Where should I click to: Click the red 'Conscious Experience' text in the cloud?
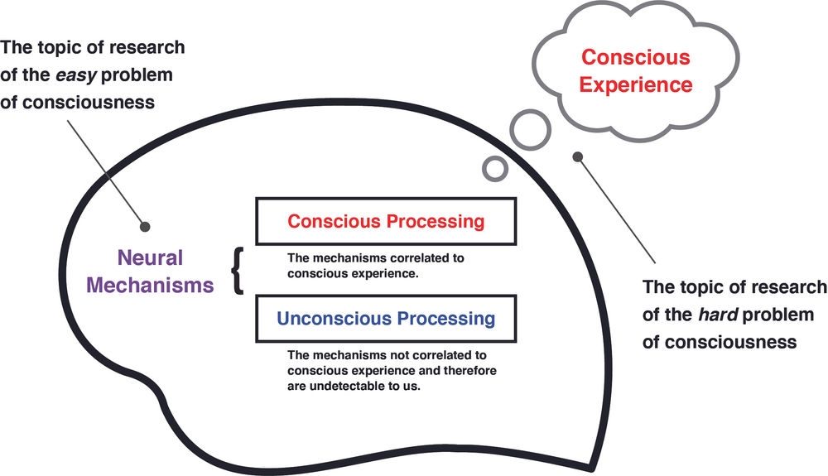click(x=636, y=70)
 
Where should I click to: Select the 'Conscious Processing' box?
click(x=385, y=221)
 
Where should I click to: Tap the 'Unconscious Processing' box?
click(x=385, y=319)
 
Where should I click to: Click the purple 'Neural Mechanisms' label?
click(x=150, y=272)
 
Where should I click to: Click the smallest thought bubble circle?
click(x=494, y=168)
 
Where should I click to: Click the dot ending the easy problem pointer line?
click(x=146, y=225)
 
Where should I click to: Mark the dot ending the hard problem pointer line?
click(x=577, y=156)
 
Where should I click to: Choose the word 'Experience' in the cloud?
click(x=636, y=84)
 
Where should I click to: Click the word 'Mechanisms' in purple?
click(x=150, y=286)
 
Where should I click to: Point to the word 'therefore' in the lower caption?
click(x=460, y=370)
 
